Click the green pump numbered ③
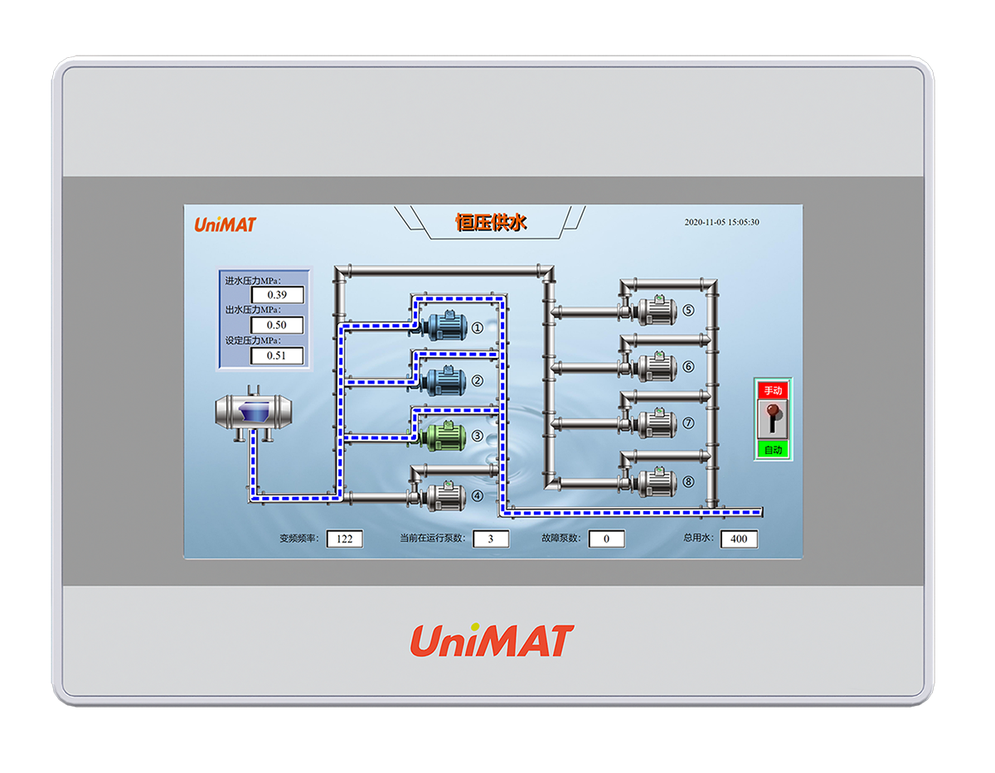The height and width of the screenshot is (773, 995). pos(443,435)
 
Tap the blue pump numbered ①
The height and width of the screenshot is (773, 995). pos(443,326)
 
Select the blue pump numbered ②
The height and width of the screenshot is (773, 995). pos(443,379)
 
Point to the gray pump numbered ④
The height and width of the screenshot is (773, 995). pos(443,495)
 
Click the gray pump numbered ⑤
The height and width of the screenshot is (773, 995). pos(656,311)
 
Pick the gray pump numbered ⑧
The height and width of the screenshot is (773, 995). pos(656,481)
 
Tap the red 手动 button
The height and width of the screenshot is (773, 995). pos(773,390)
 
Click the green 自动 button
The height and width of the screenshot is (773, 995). pos(773,450)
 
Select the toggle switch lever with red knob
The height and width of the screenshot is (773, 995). pos(773,419)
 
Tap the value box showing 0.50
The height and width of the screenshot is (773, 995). pos(277,326)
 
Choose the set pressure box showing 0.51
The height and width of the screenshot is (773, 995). pos(277,356)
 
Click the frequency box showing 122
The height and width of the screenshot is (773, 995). pos(344,539)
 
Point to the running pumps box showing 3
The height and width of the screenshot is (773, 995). pos(491,539)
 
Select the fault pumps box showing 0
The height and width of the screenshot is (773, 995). pos(606,539)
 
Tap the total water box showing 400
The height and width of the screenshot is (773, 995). pos(739,539)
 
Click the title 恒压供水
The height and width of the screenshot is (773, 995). pos(492,222)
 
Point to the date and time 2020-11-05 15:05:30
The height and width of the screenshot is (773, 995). pos(721,222)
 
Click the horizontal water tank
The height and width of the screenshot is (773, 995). pos(254,411)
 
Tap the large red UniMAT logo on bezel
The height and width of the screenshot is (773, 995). pos(492,641)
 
